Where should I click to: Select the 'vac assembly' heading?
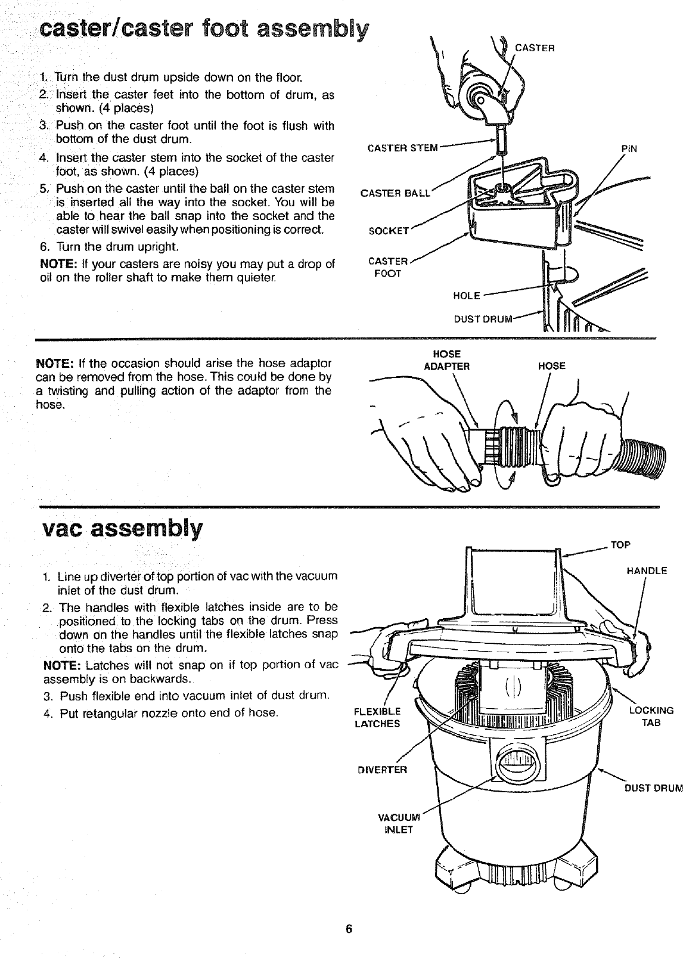coord(122,528)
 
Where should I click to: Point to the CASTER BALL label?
coord(394,193)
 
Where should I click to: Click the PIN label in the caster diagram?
coord(629,149)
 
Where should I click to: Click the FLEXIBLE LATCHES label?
coord(377,717)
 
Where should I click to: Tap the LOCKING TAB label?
coord(651,717)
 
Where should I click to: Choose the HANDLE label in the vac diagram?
coord(647,571)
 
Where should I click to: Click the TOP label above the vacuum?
coord(620,544)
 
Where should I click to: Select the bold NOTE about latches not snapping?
coord(58,665)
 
